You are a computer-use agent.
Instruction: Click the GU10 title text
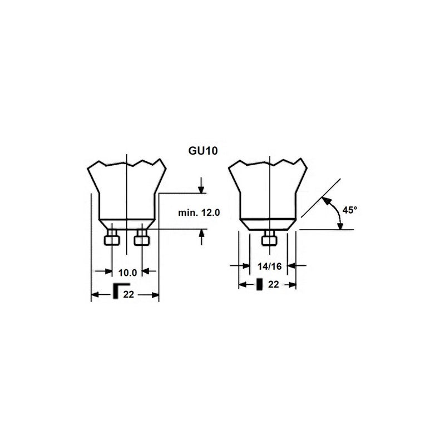tap(203, 151)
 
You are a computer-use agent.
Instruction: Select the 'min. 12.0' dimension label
tap(199, 212)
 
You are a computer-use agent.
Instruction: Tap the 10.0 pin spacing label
tap(127, 273)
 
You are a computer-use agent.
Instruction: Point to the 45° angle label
tap(350, 210)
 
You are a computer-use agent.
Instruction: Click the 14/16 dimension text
tap(270, 266)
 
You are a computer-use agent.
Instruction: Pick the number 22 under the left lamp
tap(128, 295)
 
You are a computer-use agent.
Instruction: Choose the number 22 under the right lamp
tap(273, 284)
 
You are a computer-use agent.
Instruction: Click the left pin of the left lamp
tap(112, 238)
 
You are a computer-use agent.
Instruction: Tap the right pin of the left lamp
tap(142, 238)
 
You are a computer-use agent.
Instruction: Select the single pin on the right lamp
tap(270, 238)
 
